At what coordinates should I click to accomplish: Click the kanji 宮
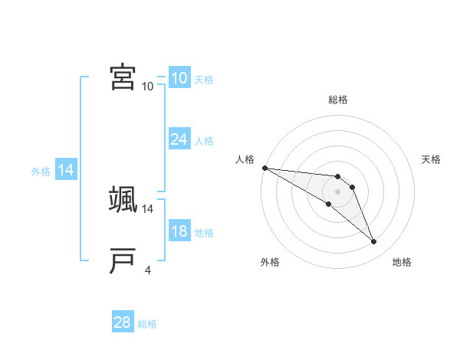point(123,77)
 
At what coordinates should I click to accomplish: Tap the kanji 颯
point(123,199)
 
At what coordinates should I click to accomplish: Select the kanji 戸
point(123,260)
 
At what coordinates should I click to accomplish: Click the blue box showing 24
point(179,139)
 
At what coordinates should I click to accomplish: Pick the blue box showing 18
point(179,231)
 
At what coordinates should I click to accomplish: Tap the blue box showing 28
point(123,322)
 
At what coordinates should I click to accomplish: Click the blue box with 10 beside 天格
point(179,78)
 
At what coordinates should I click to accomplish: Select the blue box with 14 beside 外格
point(66,171)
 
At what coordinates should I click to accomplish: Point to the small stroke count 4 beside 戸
point(147,269)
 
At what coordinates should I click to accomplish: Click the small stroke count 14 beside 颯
point(149,208)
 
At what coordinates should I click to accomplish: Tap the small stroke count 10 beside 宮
point(148,86)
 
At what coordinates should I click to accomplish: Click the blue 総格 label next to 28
point(147,324)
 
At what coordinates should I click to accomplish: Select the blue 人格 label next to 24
point(204,141)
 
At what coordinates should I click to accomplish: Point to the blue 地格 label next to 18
point(204,233)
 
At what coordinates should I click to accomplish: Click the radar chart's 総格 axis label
point(337,100)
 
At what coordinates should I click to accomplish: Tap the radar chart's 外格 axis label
point(270,262)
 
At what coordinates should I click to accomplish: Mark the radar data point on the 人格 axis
point(264,167)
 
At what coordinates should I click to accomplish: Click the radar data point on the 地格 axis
point(374,242)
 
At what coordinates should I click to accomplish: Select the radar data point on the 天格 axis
point(352,187)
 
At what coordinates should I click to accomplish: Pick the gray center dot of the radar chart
point(337,191)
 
